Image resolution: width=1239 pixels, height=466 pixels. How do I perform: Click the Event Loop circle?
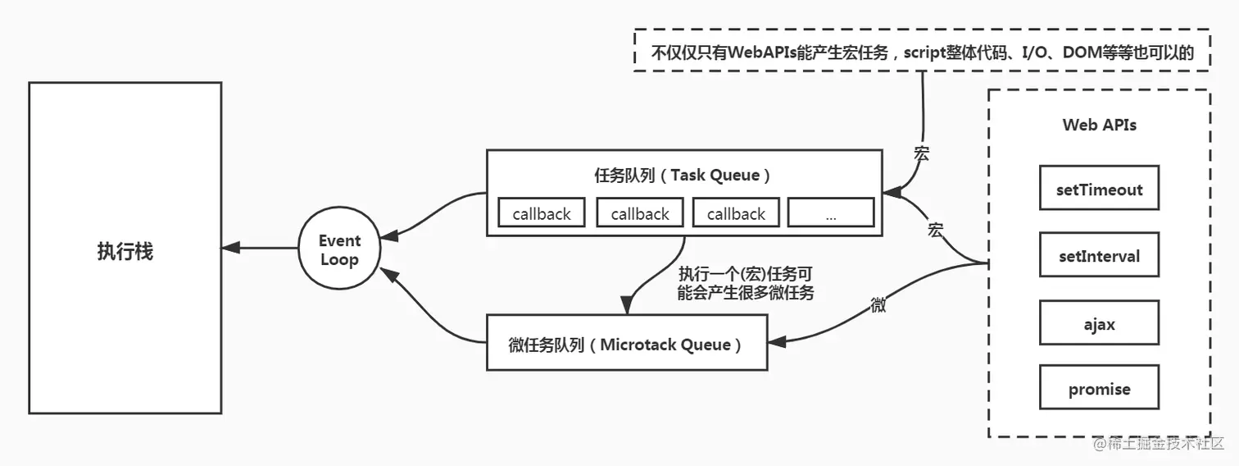tap(339, 249)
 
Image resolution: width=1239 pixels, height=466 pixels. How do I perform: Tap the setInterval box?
tap(1099, 255)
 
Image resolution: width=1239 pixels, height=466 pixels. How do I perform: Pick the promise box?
tap(1099, 388)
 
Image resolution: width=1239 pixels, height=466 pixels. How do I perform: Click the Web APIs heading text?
tap(1099, 125)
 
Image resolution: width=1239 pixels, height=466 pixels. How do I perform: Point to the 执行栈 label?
tap(125, 251)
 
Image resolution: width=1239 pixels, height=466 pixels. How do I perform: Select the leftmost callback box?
tap(541, 213)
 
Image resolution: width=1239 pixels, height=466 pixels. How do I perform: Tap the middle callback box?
tap(640, 213)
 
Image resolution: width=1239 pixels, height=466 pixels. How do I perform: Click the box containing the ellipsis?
tap(830, 213)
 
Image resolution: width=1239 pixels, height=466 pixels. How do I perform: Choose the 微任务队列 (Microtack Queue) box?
tap(627, 343)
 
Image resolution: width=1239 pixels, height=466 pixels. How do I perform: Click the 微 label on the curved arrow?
tap(878, 304)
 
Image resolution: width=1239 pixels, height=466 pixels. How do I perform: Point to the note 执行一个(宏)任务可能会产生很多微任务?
tap(746, 283)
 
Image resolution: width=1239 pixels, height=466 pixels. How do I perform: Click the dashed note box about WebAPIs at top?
tap(922, 51)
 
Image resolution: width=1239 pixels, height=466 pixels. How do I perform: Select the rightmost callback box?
tap(736, 213)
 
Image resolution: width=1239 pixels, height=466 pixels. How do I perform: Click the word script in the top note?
tap(932, 52)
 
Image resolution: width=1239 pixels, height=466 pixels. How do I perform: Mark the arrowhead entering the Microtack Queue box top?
tap(628, 307)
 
